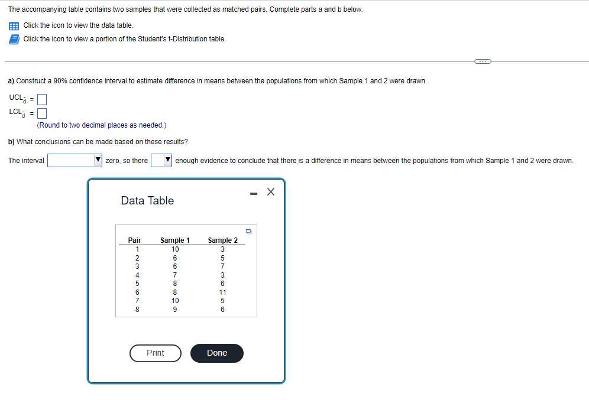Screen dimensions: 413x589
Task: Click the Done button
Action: pyautogui.click(x=216, y=353)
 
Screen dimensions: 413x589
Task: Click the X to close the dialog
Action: pyautogui.click(x=271, y=192)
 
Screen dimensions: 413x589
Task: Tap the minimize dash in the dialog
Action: pyautogui.click(x=253, y=192)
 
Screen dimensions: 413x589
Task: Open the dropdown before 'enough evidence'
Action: pyautogui.click(x=161, y=161)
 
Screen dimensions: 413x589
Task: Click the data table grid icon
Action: pyautogui.click(x=14, y=25)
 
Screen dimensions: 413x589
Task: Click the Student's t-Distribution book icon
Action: pyautogui.click(x=14, y=39)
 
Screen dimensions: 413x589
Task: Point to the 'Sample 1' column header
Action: pyautogui.click(x=175, y=240)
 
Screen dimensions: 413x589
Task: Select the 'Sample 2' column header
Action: pyautogui.click(x=222, y=240)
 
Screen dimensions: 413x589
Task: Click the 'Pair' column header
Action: pyautogui.click(x=135, y=240)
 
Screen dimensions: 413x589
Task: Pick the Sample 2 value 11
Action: pyautogui.click(x=222, y=292)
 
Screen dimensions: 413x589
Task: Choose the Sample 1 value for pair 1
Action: pyautogui.click(x=175, y=249)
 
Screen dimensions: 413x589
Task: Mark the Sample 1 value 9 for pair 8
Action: pyautogui.click(x=175, y=309)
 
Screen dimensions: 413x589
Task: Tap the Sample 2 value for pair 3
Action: pyautogui.click(x=222, y=266)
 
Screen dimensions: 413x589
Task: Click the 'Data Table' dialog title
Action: pyautogui.click(x=147, y=201)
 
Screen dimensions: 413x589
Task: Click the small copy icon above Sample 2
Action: pyautogui.click(x=249, y=231)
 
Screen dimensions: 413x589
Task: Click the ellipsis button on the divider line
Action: pyautogui.click(x=482, y=61)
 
